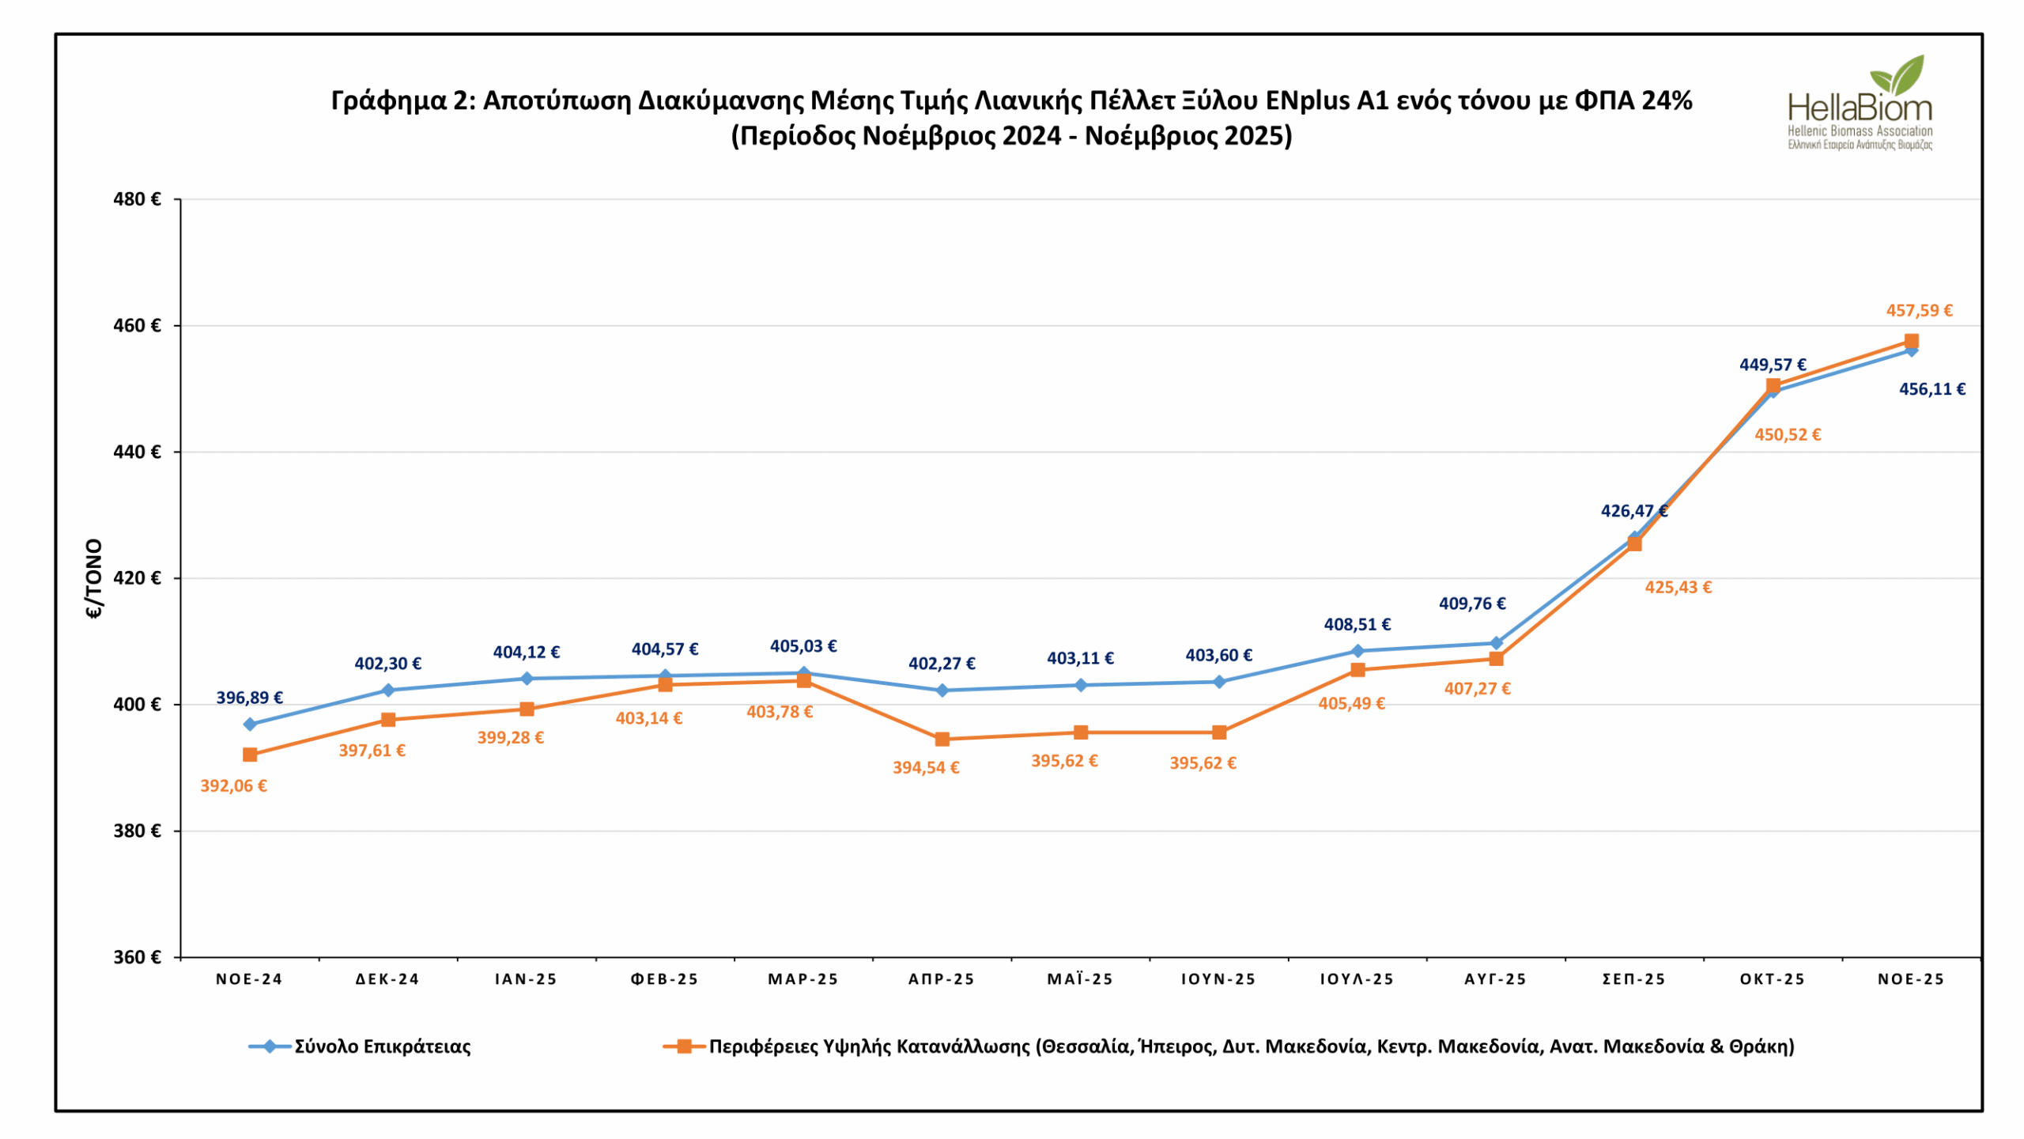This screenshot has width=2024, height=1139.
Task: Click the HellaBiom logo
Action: click(1860, 103)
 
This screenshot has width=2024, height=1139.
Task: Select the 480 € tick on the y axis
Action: click(137, 199)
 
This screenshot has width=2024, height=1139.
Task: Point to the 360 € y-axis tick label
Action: click(137, 958)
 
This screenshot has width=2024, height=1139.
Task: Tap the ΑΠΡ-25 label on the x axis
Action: click(942, 979)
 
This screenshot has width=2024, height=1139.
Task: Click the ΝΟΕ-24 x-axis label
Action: click(249, 979)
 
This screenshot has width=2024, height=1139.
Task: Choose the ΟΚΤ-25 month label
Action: click(1773, 979)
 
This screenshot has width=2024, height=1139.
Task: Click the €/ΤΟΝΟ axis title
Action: click(94, 578)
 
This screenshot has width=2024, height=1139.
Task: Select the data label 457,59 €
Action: click(1919, 311)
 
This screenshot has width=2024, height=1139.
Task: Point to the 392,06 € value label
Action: click(233, 786)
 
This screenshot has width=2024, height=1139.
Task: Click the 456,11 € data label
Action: click(1931, 389)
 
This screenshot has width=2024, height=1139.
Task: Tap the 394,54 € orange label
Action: click(926, 768)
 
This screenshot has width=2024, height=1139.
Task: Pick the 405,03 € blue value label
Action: click(803, 646)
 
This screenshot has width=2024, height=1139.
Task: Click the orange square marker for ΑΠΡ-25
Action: click(942, 740)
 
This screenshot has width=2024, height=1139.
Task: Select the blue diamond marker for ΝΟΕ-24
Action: click(250, 725)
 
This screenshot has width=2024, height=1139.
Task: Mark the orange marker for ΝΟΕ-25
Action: click(1912, 342)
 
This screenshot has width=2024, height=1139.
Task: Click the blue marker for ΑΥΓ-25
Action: click(1496, 643)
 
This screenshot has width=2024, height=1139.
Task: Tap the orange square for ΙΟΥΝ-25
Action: click(1219, 732)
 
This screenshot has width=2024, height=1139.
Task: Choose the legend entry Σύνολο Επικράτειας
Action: click(383, 1046)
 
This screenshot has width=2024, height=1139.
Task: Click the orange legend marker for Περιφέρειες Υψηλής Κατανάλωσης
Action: click(685, 1046)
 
